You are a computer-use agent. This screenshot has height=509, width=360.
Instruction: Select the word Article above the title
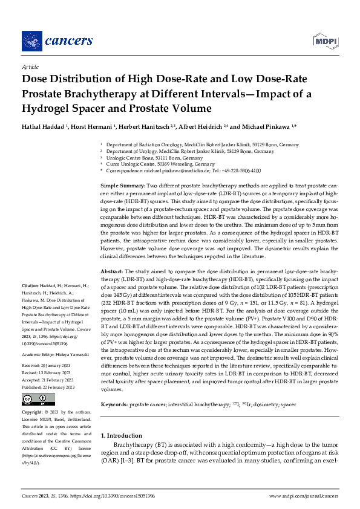point(30,68)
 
